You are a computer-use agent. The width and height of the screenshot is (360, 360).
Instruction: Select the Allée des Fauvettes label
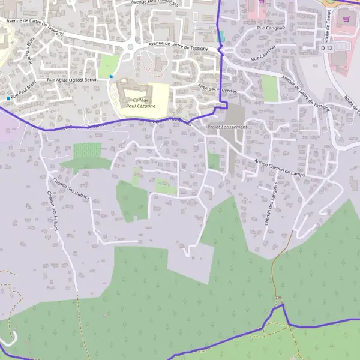pos(217,89)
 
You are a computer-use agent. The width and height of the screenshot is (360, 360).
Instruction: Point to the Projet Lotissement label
pos(227,127)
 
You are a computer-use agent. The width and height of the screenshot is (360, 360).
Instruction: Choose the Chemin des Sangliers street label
pos(270,203)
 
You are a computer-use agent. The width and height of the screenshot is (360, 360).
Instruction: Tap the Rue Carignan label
pos(268,28)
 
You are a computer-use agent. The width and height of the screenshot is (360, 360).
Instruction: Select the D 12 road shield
pos(326,47)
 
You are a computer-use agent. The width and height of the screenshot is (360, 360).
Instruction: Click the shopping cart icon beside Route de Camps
pos(346,19)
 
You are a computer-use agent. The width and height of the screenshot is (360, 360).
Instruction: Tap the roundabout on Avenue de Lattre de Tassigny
pos(129,48)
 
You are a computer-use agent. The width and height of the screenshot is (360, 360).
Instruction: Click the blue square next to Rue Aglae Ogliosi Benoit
pos(111,77)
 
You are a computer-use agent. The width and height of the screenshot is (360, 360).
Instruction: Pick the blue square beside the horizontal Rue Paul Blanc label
pos(8,98)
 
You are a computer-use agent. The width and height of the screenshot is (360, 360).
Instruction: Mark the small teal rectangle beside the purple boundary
pos(221,36)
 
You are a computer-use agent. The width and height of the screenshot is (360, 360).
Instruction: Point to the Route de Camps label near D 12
pos(329,27)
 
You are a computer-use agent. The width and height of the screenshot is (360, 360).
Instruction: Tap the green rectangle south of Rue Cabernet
pos(270,88)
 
